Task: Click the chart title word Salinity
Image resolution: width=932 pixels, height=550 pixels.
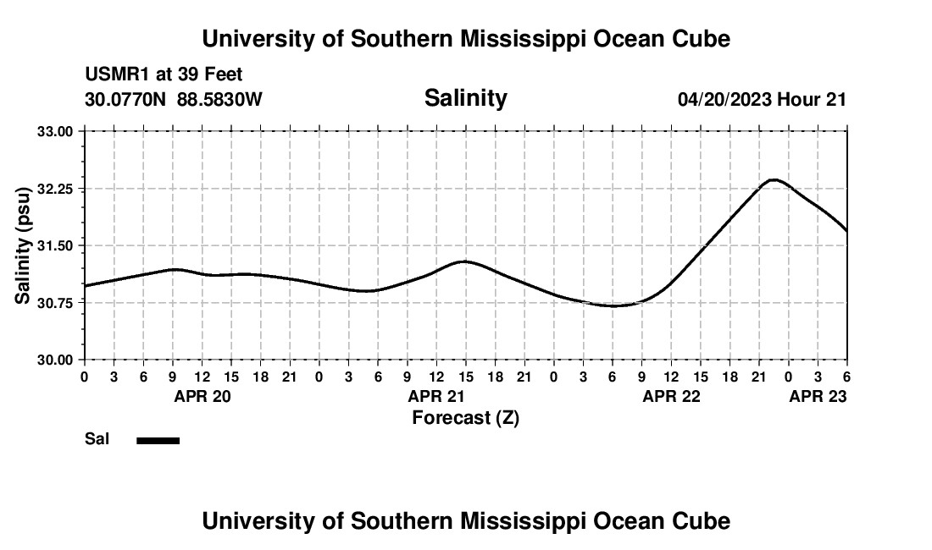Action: pyautogui.click(x=465, y=98)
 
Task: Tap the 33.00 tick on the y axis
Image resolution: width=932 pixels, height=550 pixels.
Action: pyautogui.click(x=57, y=131)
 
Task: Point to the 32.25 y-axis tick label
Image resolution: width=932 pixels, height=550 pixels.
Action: pyautogui.click(x=57, y=189)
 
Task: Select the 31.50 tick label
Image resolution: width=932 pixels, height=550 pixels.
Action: pyautogui.click(x=57, y=245)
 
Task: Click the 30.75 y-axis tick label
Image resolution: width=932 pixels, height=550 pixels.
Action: pyautogui.click(x=57, y=303)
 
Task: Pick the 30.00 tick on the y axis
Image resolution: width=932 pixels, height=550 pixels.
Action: pyautogui.click(x=57, y=360)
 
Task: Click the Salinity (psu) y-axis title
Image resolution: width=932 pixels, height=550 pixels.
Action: pyautogui.click(x=23, y=245)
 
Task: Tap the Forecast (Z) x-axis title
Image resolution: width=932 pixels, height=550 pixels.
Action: pyautogui.click(x=465, y=417)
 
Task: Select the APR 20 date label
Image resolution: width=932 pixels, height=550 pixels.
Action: pyautogui.click(x=202, y=396)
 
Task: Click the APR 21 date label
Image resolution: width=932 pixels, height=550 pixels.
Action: pyautogui.click(x=437, y=396)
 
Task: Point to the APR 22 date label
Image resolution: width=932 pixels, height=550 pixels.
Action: pyautogui.click(x=671, y=396)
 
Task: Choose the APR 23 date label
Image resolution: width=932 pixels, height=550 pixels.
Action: pyautogui.click(x=818, y=396)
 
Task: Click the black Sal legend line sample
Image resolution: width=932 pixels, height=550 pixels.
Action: pyautogui.click(x=158, y=440)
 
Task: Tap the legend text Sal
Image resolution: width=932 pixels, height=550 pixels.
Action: pyautogui.click(x=97, y=439)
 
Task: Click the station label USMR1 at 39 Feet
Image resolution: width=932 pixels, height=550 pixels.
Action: pyautogui.click(x=164, y=75)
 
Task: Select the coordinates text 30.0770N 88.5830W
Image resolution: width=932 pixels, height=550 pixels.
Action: pyautogui.click(x=174, y=99)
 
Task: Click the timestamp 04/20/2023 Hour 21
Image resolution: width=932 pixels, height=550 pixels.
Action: pyautogui.click(x=762, y=99)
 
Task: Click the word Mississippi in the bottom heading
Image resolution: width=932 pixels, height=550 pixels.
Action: pyautogui.click(x=546, y=521)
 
